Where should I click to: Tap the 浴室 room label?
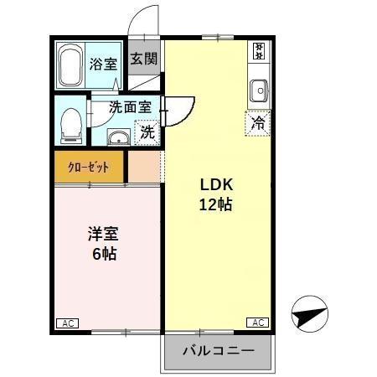click(103, 63)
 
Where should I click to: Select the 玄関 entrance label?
click(143, 59)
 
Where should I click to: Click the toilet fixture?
click(70, 124)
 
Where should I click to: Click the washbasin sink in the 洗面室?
click(119, 137)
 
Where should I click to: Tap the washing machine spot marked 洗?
click(147, 132)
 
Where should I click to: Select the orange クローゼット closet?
click(89, 166)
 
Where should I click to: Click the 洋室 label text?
click(104, 234)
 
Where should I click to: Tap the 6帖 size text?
click(104, 253)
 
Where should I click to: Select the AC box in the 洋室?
click(66, 323)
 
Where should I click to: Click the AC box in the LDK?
click(257, 323)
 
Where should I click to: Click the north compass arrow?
click(307, 317)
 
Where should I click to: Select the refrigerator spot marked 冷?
click(258, 121)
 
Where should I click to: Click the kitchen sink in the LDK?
click(258, 88)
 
